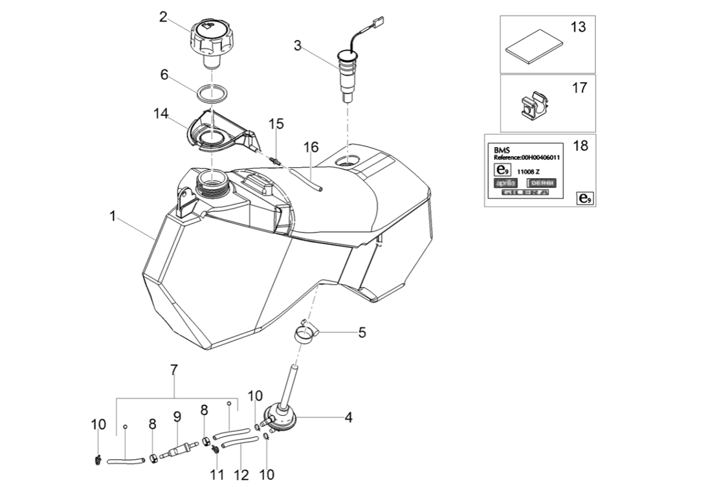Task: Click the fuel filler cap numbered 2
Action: point(209,39)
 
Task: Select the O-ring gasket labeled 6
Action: point(211,93)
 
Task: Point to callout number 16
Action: point(311,148)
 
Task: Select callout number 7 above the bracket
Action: point(174,370)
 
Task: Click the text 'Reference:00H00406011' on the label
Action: point(527,157)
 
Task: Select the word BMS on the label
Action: point(501,149)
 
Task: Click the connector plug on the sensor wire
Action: point(376,28)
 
